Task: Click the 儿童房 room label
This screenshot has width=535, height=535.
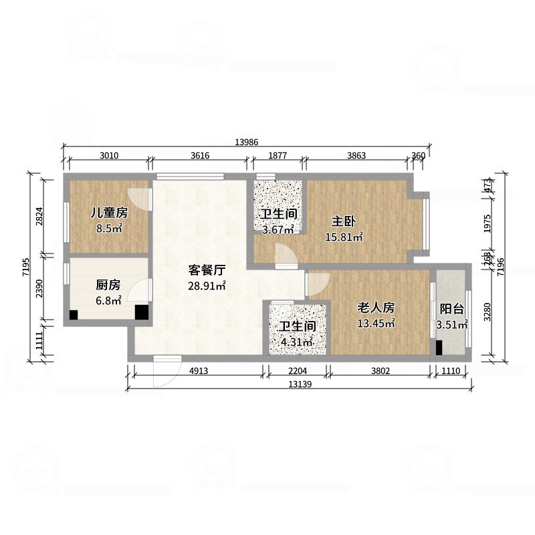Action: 110,214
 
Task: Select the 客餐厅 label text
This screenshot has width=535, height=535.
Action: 206,271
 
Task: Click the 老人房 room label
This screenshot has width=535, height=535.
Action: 376,308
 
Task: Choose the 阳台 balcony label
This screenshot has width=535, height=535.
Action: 452,310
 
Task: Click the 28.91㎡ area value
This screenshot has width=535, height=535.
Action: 206,286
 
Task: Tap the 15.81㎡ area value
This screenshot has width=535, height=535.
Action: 344,237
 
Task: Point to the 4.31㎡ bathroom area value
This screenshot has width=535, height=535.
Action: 297,343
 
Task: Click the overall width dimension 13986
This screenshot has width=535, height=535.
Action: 247,142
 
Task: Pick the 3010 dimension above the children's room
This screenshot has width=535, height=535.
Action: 109,156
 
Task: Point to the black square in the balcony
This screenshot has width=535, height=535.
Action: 439,348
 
